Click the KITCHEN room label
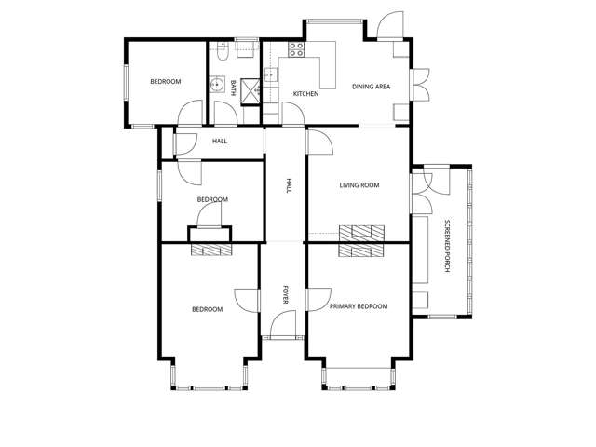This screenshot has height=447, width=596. [306, 93]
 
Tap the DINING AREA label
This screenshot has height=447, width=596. [371, 87]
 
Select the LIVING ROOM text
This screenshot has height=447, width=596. [359, 185]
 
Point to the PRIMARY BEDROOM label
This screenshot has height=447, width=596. [359, 306]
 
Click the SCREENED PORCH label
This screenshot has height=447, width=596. [447, 246]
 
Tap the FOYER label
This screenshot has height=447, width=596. [286, 294]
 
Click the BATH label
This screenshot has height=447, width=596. [234, 88]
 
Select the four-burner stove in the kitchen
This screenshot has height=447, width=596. [296, 49]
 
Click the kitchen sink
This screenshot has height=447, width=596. [271, 74]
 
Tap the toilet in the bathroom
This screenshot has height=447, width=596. [223, 53]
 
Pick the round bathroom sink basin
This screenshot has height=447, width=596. [217, 85]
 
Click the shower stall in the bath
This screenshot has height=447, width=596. [251, 91]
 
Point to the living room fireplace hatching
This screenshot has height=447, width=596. [361, 234]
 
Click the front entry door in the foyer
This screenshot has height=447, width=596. [283, 324]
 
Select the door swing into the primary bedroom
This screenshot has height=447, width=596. [318, 300]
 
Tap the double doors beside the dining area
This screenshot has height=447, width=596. [420, 85]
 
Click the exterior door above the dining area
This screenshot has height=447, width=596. [390, 25]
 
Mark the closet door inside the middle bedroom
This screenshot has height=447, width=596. [210, 215]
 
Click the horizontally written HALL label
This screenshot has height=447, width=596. [220, 141]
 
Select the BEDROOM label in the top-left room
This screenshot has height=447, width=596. [166, 81]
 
